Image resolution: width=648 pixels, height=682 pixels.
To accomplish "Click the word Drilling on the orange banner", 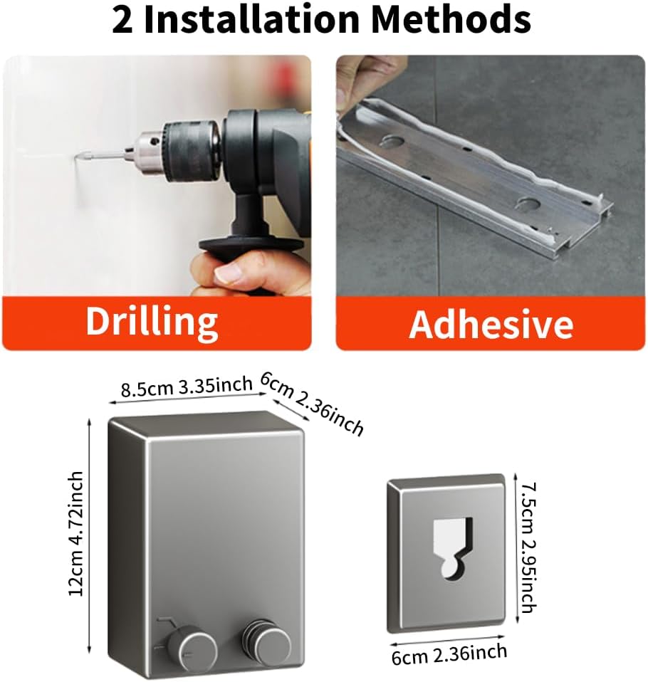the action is [x=152, y=322].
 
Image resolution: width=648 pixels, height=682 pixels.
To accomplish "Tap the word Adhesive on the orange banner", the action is [x=491, y=324].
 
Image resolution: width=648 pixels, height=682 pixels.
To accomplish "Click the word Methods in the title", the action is [x=451, y=19].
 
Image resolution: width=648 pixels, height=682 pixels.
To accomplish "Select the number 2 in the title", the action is [x=122, y=20].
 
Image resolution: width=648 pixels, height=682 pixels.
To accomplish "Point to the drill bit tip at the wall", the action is [x=77, y=157].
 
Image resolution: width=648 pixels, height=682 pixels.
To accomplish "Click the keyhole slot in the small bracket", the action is [x=453, y=548].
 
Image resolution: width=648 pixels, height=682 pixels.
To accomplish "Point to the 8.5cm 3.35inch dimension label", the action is [x=187, y=386].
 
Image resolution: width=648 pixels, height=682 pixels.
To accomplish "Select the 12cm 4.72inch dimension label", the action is [x=76, y=533].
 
